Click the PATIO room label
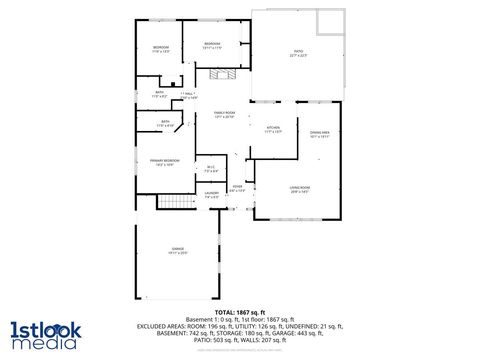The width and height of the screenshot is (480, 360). pyautogui.click(x=298, y=53)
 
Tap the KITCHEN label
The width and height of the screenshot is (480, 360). pyautogui.click(x=273, y=128)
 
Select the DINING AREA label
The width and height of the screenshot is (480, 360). pyautogui.click(x=320, y=133)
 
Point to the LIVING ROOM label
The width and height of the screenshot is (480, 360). pyautogui.click(x=299, y=188)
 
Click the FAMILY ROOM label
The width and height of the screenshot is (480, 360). pyautogui.click(x=223, y=113)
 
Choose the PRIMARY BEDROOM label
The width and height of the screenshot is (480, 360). pyautogui.click(x=165, y=160)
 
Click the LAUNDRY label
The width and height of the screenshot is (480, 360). pyautogui.click(x=212, y=193)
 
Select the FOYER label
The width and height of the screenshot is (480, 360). pyautogui.click(x=237, y=187)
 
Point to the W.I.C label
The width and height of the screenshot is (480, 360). pyautogui.click(x=211, y=167)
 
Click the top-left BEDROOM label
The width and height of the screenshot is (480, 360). pyautogui.click(x=161, y=48)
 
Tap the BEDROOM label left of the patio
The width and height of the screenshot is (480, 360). pyautogui.click(x=212, y=44)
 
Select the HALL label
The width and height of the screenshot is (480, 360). pyautogui.click(x=189, y=93)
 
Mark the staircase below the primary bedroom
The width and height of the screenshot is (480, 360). pyautogui.click(x=176, y=202)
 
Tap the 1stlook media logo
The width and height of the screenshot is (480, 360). pyautogui.click(x=43, y=335)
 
